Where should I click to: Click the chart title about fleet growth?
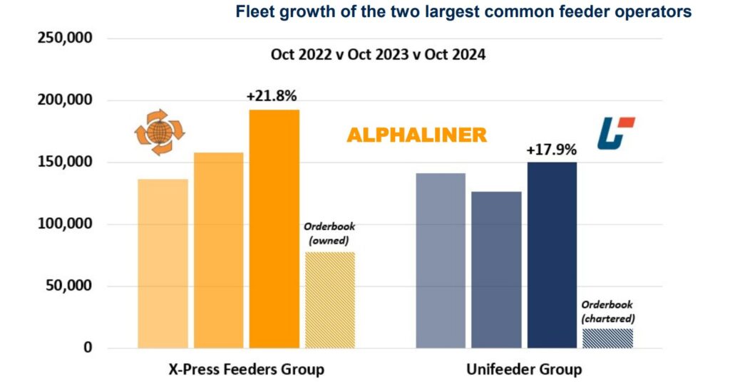click(463, 12)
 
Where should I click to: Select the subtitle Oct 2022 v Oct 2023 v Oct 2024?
click(378, 54)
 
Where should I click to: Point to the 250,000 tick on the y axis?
click(64, 38)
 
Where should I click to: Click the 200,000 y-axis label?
click(64, 100)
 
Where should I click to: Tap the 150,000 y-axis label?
click(64, 162)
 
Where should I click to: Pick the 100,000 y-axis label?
click(64, 224)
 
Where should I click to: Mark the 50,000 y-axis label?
click(68, 286)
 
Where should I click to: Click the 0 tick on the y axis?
click(87, 348)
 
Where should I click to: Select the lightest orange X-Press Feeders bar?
click(163, 264)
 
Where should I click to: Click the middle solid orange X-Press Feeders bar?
click(219, 250)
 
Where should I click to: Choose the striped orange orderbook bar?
click(329, 300)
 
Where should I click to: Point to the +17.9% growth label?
click(551, 150)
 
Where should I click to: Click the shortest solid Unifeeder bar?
click(496, 270)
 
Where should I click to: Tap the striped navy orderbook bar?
click(607, 338)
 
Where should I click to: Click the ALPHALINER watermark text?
click(416, 135)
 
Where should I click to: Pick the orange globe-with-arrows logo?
click(160, 132)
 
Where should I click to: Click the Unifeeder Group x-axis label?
click(524, 369)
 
